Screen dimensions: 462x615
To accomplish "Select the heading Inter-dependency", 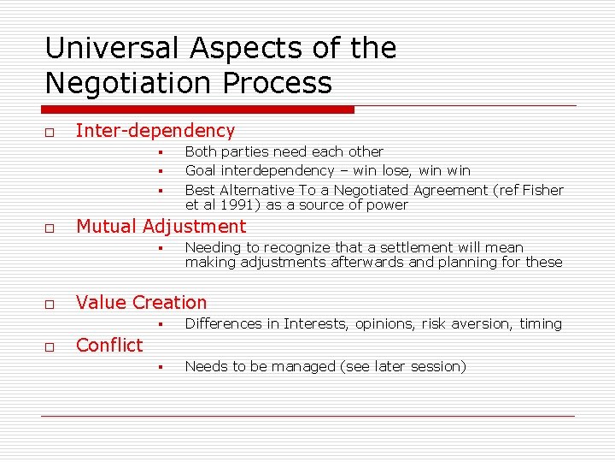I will coord(155,131).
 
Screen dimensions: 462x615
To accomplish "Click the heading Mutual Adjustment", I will coord(161,227).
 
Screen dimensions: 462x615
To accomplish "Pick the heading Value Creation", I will coord(141,303).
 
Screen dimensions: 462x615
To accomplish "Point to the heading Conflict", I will coord(109,346).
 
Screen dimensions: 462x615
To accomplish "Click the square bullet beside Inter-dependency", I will coord(50,133).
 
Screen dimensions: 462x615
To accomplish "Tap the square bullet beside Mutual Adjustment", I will coord(50,228).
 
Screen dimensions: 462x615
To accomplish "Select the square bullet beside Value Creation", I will coord(50,305).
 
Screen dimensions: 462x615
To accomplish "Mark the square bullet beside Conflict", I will coord(50,347).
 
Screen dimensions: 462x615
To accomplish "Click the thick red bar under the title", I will coord(198,110).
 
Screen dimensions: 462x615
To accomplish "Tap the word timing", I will coord(540,324).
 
